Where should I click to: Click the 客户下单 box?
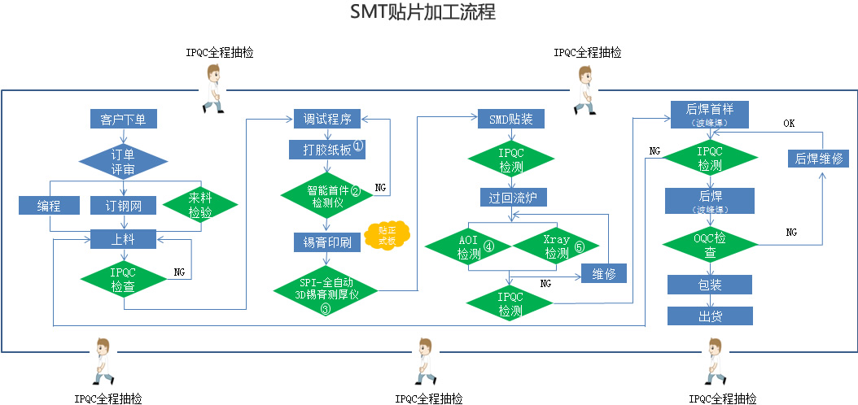pos(124,120)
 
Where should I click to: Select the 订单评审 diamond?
pos(123,160)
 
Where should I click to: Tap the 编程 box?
pos(49,206)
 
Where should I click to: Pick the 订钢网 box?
pos(124,206)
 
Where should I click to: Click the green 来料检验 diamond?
pos(200,206)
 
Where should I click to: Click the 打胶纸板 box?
pos(327,149)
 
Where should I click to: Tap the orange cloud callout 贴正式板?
pos(387,236)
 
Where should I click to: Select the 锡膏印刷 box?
pos(326,242)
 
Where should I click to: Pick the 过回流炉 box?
pos(514,197)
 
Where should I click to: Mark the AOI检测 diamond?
pos(468,246)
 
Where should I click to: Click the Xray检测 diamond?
pos(557,246)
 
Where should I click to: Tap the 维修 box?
pos(603,273)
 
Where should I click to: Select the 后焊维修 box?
pos(818,159)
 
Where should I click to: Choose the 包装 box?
pos(710,284)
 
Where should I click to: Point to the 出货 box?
pos(710,316)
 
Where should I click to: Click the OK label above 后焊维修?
pos(789,124)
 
